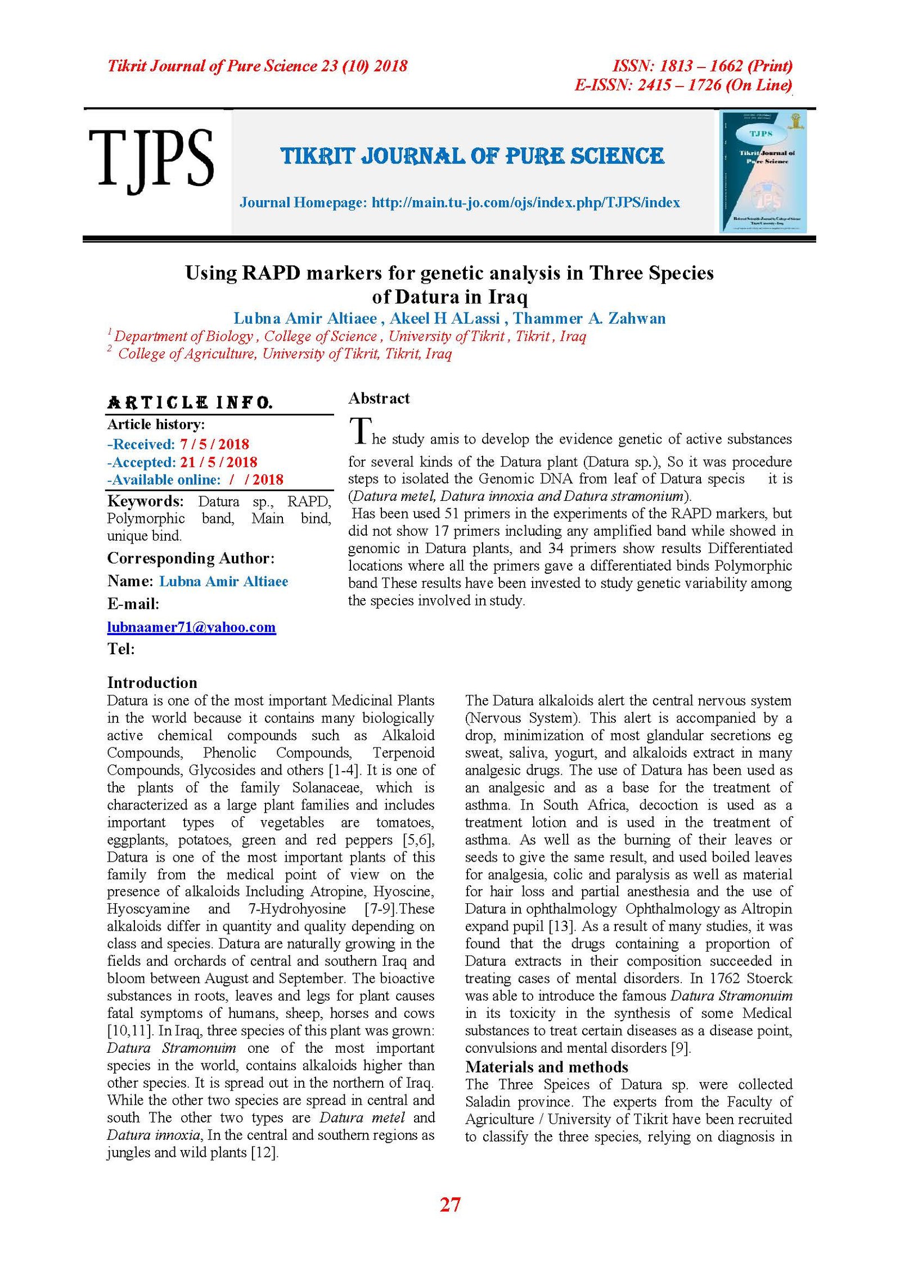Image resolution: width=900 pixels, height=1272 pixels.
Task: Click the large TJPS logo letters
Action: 151,159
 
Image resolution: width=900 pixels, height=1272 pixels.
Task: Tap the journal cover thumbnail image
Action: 763,171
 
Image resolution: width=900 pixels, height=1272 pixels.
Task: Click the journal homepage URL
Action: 525,202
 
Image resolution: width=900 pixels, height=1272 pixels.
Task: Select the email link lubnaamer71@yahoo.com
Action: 191,627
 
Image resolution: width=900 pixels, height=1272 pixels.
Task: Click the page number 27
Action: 450,1205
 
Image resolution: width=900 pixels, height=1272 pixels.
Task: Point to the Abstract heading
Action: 379,399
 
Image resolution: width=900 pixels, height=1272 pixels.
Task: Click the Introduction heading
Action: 152,682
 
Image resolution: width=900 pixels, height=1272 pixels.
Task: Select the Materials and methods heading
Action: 546,1067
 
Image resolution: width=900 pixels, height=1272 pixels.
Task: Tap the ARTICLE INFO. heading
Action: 190,402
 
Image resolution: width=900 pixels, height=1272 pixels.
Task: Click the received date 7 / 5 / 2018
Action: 214,445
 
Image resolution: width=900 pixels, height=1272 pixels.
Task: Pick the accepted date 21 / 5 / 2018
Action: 218,463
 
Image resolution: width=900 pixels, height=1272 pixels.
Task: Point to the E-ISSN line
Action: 683,85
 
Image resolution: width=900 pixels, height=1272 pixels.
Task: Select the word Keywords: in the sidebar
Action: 145,501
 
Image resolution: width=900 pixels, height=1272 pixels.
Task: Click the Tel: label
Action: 121,649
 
